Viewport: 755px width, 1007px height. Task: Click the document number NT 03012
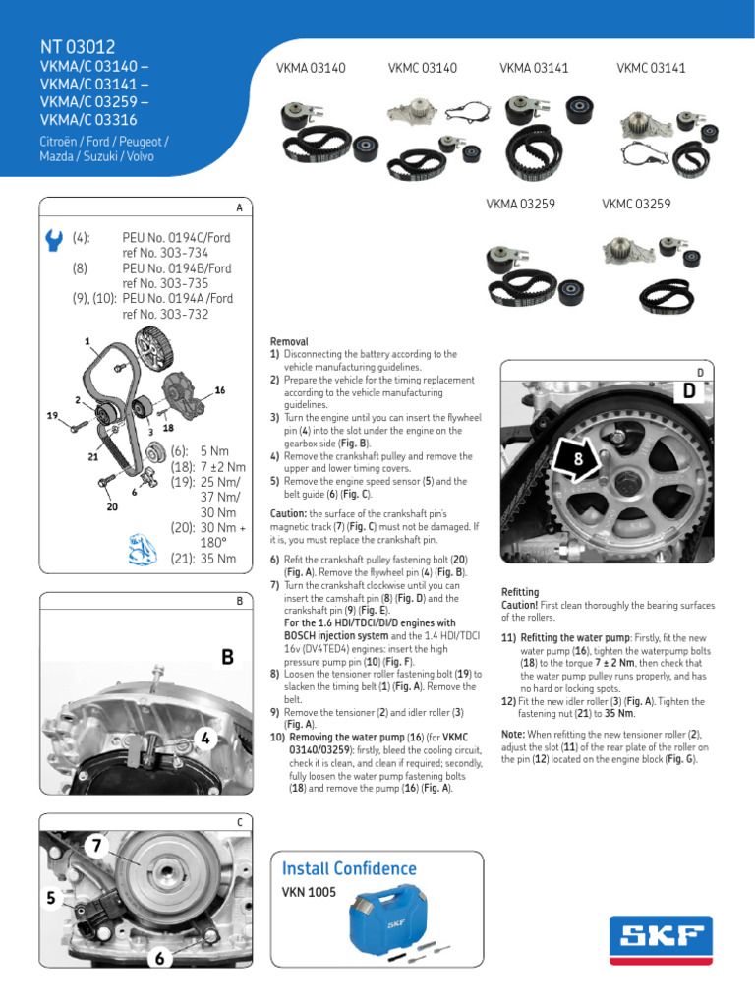[x=78, y=47]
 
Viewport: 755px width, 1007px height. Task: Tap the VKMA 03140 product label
[x=312, y=68]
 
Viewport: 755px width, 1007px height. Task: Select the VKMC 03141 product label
[x=651, y=68]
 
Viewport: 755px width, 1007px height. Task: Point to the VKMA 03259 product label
[x=520, y=205]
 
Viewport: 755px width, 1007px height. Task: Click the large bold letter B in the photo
[x=228, y=657]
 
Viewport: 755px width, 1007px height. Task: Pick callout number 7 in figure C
[x=97, y=845]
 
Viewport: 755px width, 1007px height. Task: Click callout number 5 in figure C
[x=50, y=896]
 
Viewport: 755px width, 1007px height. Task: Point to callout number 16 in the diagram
[x=220, y=390]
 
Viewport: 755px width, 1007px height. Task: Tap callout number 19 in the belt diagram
[x=53, y=415]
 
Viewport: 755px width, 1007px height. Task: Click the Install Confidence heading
[x=349, y=868]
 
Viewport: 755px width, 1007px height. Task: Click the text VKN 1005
[x=309, y=892]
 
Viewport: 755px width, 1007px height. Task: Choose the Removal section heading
[x=289, y=341]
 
